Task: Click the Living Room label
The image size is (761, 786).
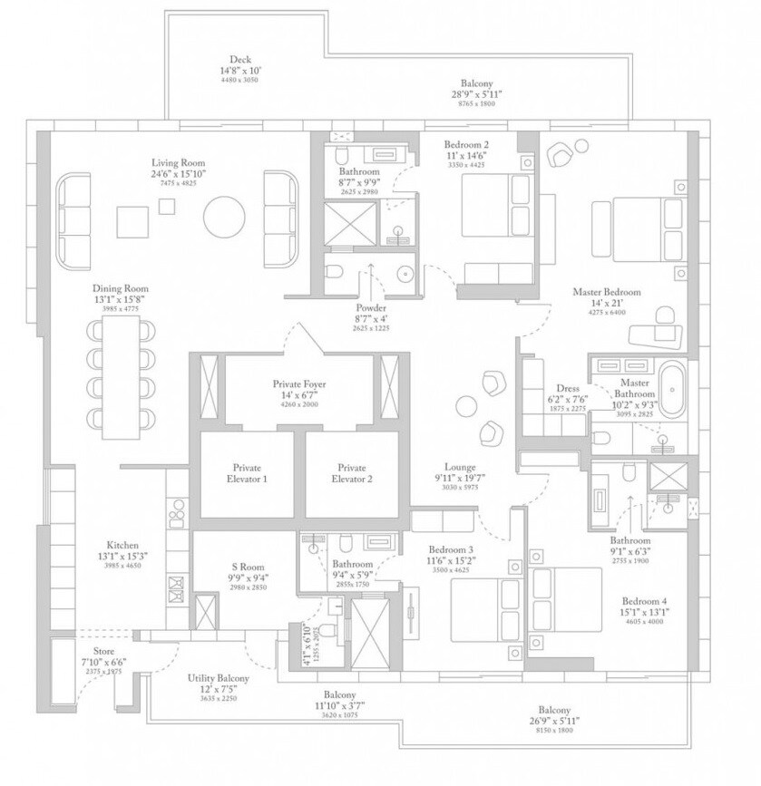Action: click(178, 163)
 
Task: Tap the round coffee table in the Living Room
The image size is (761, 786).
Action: click(223, 217)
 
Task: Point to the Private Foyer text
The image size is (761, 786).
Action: click(299, 384)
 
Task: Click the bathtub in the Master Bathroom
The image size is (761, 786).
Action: click(672, 390)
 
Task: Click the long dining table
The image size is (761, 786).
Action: click(120, 372)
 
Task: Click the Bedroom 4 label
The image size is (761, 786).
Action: click(645, 600)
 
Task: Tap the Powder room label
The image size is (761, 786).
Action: click(372, 307)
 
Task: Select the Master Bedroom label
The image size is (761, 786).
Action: click(607, 293)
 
